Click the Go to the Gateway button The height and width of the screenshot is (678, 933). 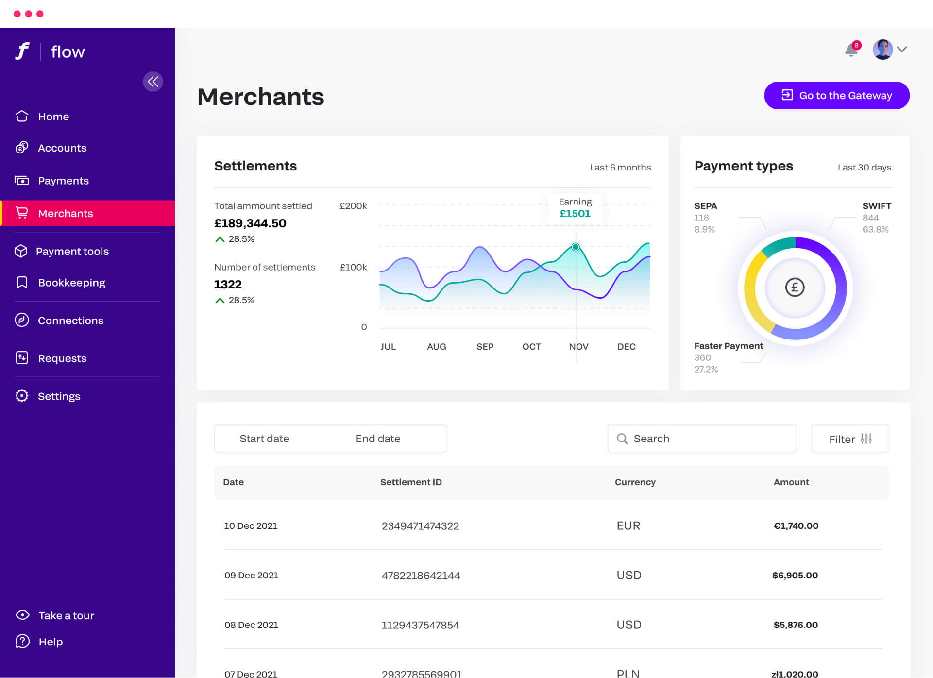coord(836,96)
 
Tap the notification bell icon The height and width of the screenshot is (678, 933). coord(851,50)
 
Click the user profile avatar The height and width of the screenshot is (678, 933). coord(882,50)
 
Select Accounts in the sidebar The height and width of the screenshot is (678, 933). coord(62,148)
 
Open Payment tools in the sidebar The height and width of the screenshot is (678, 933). coord(72,252)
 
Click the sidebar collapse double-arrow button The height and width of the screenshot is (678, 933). coord(153,82)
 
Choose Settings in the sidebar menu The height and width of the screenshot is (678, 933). coord(59,396)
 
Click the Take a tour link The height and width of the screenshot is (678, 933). coord(66,616)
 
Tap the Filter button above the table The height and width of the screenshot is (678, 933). coord(850,439)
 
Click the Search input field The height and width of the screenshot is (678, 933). coord(702,439)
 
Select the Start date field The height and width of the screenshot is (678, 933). coord(265,439)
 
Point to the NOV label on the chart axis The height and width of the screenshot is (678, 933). coord(578,347)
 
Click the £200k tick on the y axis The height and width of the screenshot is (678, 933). coord(353,206)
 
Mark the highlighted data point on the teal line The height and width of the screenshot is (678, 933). coord(576,247)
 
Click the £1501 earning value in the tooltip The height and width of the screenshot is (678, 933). coord(575,214)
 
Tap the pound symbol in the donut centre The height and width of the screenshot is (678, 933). coord(795,288)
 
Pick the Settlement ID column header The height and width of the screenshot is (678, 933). coord(411,482)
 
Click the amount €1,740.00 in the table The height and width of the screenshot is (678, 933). coord(796,526)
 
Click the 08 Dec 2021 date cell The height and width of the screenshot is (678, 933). coord(251,625)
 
